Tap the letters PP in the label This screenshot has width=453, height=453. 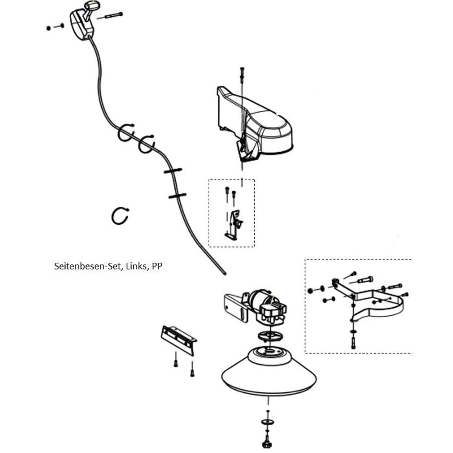pyautogui.click(x=157, y=266)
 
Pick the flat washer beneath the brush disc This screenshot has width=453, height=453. pyautogui.click(x=268, y=422)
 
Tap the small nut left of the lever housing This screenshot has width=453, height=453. pyautogui.click(x=48, y=28)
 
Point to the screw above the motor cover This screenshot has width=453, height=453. pyautogui.click(x=242, y=73)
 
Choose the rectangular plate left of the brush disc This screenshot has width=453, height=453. pyautogui.click(x=178, y=340)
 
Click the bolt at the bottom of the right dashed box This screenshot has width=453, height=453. pyautogui.click(x=353, y=342)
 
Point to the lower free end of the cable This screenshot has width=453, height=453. pyautogui.click(x=225, y=274)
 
